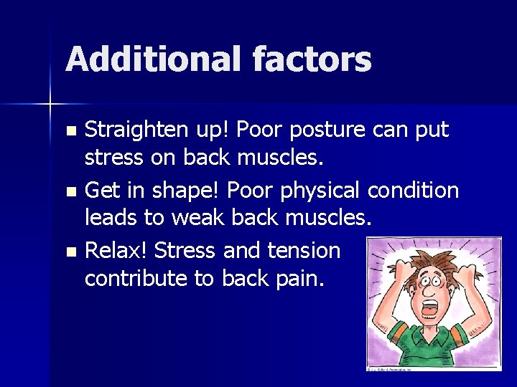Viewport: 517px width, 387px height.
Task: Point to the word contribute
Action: pyautogui.click(x=136, y=278)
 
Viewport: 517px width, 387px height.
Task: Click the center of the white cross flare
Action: pyautogui.click(x=50, y=105)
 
